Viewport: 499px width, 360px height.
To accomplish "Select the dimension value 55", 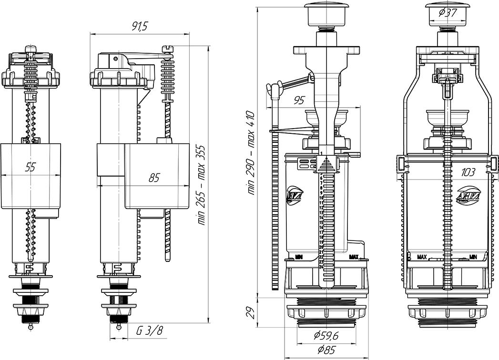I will click(x=30, y=167).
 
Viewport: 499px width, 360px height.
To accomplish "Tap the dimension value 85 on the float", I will click(x=154, y=179).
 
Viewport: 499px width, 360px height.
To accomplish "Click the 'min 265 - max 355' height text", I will click(x=202, y=184).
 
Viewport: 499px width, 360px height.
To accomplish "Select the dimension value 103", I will click(x=469, y=171).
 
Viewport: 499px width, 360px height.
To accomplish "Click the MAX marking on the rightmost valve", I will click(x=422, y=257).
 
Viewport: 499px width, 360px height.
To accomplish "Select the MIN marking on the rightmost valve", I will click(x=473, y=257).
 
